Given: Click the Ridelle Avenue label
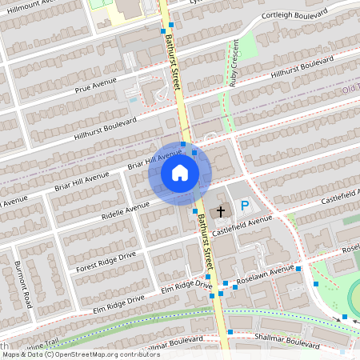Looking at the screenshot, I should coord(126,210).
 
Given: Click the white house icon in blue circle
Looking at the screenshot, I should coord(180,173).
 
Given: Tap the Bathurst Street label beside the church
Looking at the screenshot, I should coord(207,236).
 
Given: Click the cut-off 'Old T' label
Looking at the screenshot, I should coord(350,89).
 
